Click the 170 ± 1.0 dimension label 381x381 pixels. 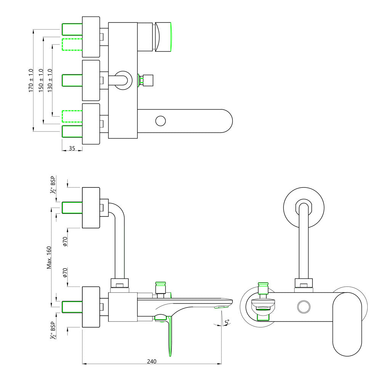click(31, 80)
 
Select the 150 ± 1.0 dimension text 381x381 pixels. click(41, 80)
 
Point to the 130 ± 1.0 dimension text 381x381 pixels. click(50, 80)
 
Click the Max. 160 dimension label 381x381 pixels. click(49, 257)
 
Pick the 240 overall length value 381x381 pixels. click(152, 361)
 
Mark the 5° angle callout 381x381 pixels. click(227, 322)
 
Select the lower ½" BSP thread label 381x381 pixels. click(53, 330)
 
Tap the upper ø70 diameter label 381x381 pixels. click(65, 242)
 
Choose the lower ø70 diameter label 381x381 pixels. click(65, 273)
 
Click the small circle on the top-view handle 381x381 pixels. click(161, 121)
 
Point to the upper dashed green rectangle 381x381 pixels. click(72, 45)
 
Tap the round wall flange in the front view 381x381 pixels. click(304, 208)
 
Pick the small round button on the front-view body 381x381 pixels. click(304, 307)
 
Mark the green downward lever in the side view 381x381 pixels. click(170, 335)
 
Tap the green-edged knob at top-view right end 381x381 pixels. click(163, 37)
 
